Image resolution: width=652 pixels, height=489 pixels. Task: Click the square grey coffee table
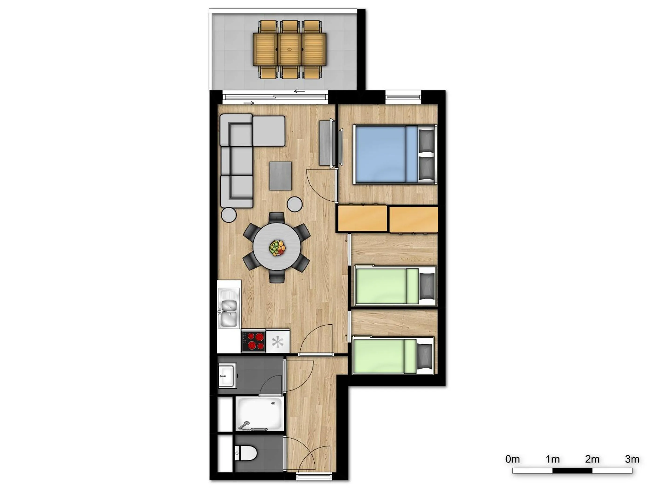[x=280, y=176]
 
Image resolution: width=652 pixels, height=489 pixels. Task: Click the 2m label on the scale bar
[x=592, y=459]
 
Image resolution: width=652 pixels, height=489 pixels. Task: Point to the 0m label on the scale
[x=512, y=459]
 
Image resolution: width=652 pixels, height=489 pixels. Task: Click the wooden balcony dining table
[x=289, y=49]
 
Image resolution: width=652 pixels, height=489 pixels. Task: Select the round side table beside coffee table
[x=295, y=204]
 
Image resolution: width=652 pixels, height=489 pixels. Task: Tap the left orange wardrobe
[x=362, y=218]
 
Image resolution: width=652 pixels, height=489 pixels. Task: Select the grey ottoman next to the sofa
[x=268, y=131]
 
